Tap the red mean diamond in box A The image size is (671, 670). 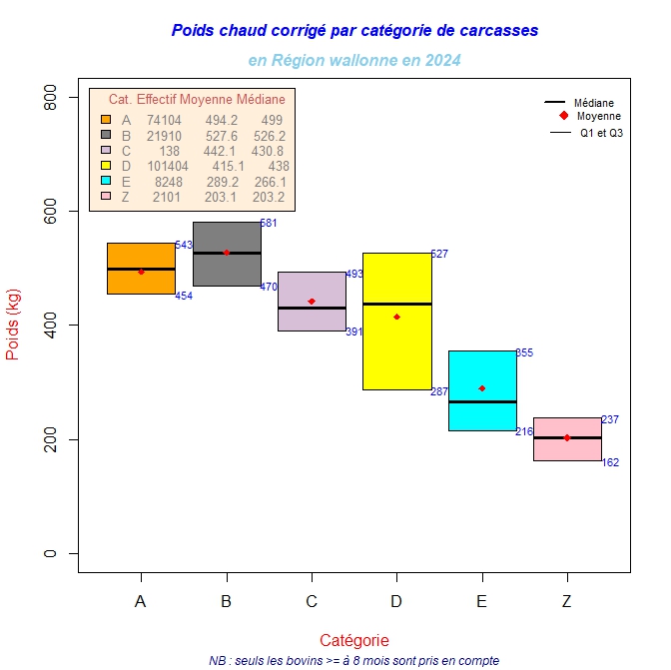141,272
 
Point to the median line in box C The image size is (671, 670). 312,309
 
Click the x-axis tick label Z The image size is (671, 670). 567,601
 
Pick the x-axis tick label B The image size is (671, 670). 226,601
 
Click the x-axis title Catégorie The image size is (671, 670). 354,640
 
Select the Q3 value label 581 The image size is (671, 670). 269,224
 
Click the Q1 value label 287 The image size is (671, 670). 439,391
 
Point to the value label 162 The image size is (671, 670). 610,462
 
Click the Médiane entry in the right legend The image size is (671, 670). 593,103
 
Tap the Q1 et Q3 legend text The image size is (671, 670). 601,132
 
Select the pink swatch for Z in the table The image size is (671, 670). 106,197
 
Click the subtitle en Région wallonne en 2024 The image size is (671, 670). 354,61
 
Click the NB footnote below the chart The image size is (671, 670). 354,661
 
